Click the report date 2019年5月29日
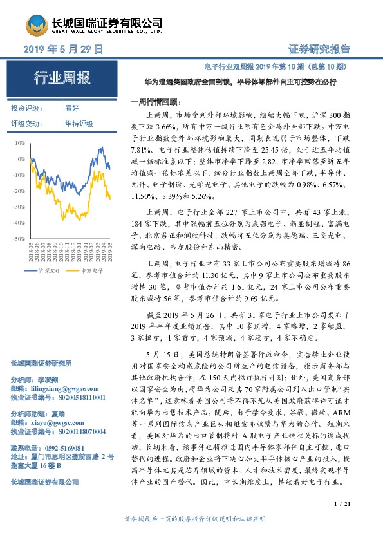(x=63, y=50)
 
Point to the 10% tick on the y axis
(x=21, y=143)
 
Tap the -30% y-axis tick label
(x=19, y=207)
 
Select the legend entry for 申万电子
(x=93, y=272)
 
